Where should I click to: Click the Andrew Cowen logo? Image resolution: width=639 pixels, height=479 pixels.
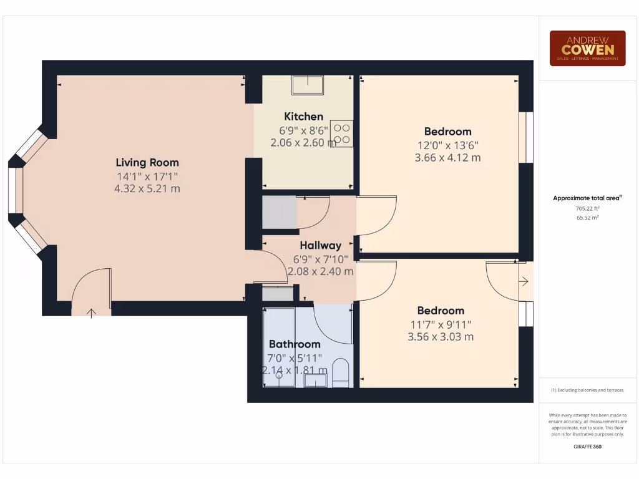click(x=587, y=48)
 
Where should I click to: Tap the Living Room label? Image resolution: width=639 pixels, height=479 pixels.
click(x=147, y=162)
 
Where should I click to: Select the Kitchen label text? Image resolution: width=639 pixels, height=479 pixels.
click(x=303, y=116)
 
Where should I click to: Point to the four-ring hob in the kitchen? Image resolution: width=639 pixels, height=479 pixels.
click(x=341, y=133)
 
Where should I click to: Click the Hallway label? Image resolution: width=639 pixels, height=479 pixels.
click(x=320, y=245)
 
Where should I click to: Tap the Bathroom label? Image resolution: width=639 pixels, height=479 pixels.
click(x=295, y=344)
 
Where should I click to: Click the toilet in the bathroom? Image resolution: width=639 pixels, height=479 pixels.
click(x=341, y=373)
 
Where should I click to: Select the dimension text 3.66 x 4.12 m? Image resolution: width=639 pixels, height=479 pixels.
click(x=447, y=158)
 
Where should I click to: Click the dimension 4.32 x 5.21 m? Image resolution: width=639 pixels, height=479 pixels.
click(x=147, y=188)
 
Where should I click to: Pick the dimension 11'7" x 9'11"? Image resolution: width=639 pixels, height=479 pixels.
click(x=441, y=324)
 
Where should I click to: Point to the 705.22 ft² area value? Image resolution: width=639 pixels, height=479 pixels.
click(x=587, y=208)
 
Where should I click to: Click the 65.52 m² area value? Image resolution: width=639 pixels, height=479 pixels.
click(x=587, y=218)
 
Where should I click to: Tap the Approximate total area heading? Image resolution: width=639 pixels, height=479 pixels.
click(x=587, y=198)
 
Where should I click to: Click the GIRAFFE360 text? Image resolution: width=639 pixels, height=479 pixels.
click(x=587, y=446)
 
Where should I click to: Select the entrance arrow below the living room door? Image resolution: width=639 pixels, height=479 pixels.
click(x=92, y=312)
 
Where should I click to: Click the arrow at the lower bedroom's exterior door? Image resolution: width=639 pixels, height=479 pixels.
click(x=524, y=282)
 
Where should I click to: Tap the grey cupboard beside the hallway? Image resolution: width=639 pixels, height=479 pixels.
click(x=279, y=212)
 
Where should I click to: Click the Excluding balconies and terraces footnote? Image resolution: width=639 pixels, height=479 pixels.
click(x=587, y=390)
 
